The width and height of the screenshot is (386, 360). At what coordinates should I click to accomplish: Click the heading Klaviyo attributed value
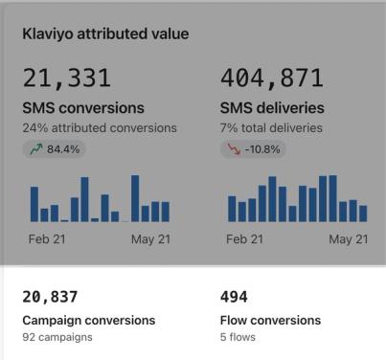pyautogui.click(x=105, y=34)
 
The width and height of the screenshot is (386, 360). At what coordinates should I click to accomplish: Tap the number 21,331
pyautogui.click(x=67, y=79)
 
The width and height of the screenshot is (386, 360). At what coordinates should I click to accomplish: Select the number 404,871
pyautogui.click(x=272, y=79)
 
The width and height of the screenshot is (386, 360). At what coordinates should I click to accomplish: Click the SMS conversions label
pyautogui.click(x=83, y=108)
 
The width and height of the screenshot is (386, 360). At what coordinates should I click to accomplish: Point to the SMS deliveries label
pyautogui.click(x=272, y=108)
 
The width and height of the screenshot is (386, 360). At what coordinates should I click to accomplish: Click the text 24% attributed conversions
pyautogui.click(x=100, y=128)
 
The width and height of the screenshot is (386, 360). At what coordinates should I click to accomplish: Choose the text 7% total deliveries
pyautogui.click(x=271, y=128)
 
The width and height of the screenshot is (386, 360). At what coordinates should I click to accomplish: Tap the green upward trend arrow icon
pyautogui.click(x=36, y=148)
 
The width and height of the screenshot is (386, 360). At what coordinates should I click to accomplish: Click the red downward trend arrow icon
pyautogui.click(x=234, y=149)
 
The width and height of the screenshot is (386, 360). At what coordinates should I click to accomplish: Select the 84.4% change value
pyautogui.click(x=63, y=149)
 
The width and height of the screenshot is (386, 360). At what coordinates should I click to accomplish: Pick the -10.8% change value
pyautogui.click(x=262, y=149)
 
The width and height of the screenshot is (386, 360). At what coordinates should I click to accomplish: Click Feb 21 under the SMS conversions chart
pyautogui.click(x=47, y=239)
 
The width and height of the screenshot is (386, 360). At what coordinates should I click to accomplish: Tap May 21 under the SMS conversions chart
pyautogui.click(x=150, y=239)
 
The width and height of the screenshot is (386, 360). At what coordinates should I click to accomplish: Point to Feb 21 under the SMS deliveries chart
pyautogui.click(x=244, y=239)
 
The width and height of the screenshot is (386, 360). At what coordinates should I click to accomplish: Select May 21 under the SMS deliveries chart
pyautogui.click(x=349, y=239)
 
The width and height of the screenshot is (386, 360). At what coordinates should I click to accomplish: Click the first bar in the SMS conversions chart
pyautogui.click(x=34, y=204)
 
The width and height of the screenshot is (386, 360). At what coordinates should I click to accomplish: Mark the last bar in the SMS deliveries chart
pyautogui.click(x=363, y=214)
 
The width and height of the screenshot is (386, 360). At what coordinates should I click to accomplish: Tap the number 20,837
pyautogui.click(x=50, y=297)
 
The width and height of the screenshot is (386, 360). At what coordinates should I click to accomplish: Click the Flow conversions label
pyautogui.click(x=270, y=321)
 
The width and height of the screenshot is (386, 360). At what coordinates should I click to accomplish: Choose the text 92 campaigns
pyautogui.click(x=57, y=337)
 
